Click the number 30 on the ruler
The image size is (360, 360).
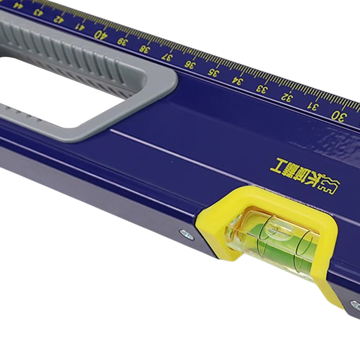point(338,115)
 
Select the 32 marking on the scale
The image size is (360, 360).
point(287,96)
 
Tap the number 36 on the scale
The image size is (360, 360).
point(189,64)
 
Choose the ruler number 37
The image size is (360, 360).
point(166,57)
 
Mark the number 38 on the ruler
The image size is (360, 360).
point(144,49)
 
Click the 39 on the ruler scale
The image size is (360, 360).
point(122,41)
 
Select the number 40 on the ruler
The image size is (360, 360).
point(100,33)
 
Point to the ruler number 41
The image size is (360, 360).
point(79,26)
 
